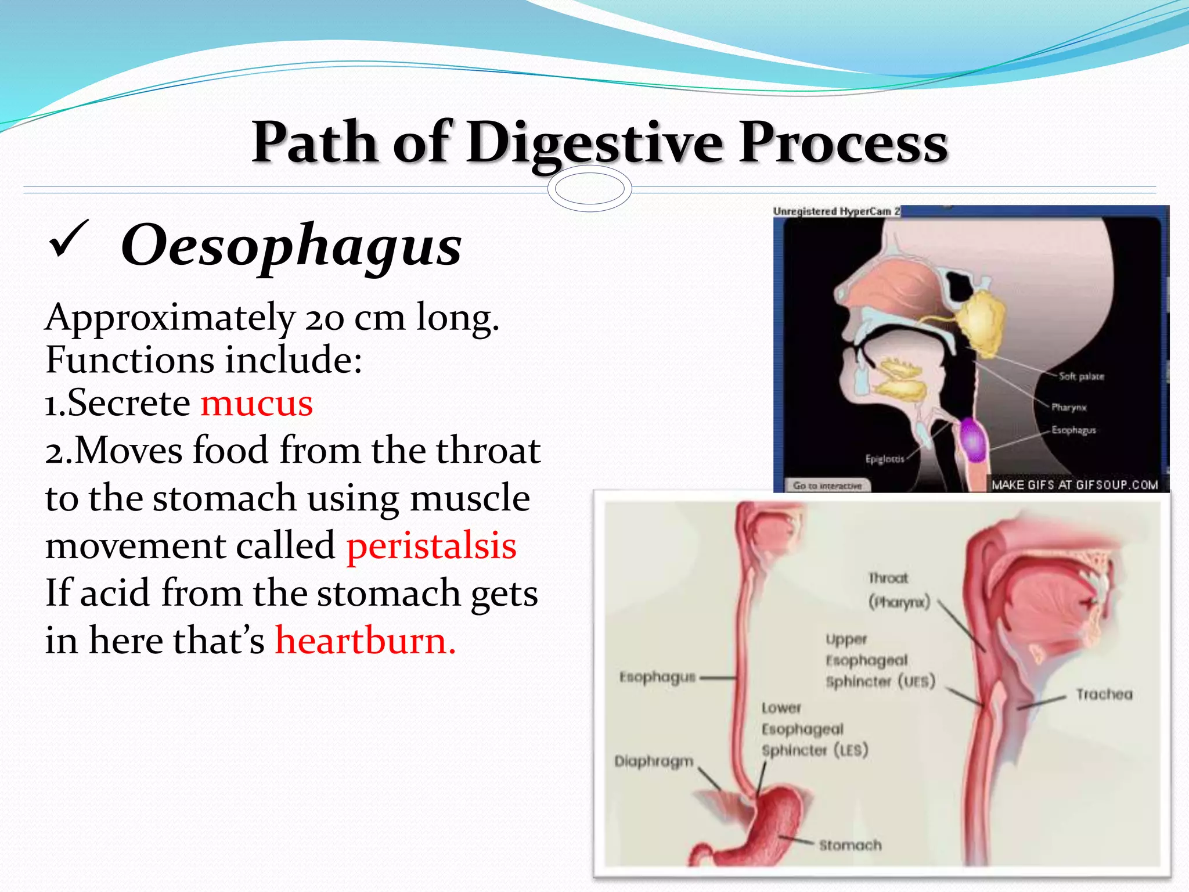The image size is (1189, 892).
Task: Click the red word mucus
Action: pyautogui.click(x=257, y=403)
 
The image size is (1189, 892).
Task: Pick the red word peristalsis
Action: pyautogui.click(x=431, y=546)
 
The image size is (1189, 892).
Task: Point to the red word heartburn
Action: pyautogui.click(x=365, y=641)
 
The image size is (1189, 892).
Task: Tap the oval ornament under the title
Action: pyautogui.click(x=589, y=189)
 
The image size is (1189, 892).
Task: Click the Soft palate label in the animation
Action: pyautogui.click(x=1081, y=376)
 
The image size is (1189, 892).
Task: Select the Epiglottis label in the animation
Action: pyautogui.click(x=884, y=459)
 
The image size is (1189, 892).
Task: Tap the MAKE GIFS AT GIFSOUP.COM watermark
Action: pyautogui.click(x=1074, y=485)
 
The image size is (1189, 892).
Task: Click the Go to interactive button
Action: pyautogui.click(x=827, y=485)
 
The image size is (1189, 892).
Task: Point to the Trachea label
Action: pyautogui.click(x=1104, y=694)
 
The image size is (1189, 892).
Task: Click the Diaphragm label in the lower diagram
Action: pyautogui.click(x=654, y=761)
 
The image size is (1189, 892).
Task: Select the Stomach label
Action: pyautogui.click(x=850, y=845)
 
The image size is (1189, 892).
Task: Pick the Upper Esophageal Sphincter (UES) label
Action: pyautogui.click(x=879, y=660)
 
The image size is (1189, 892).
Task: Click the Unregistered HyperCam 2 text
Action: pyautogui.click(x=836, y=211)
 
